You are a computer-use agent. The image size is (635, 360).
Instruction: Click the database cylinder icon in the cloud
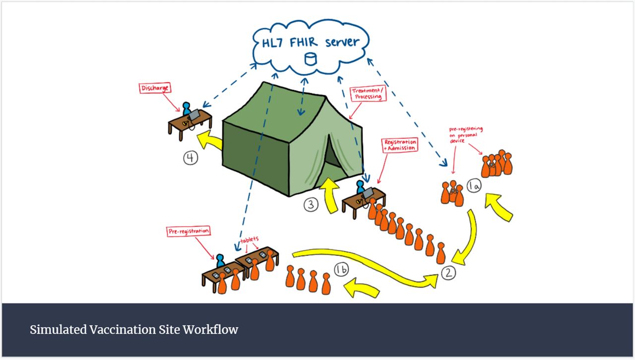(310, 59)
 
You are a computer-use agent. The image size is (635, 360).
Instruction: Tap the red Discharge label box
(155, 88)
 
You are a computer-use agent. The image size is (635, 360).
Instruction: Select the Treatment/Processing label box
(368, 94)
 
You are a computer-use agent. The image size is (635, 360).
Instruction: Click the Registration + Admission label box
(400, 145)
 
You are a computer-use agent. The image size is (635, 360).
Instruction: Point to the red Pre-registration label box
(188, 231)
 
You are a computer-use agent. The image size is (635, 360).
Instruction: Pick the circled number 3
(311, 204)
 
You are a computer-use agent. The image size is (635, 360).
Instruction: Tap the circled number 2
(448, 272)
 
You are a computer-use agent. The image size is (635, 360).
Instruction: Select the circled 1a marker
(474, 186)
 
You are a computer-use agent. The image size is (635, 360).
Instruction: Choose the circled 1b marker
(341, 270)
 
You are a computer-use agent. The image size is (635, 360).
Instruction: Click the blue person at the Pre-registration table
(220, 260)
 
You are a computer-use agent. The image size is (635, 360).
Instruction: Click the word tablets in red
(250, 239)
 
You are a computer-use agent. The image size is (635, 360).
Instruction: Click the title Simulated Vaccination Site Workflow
(134, 330)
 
